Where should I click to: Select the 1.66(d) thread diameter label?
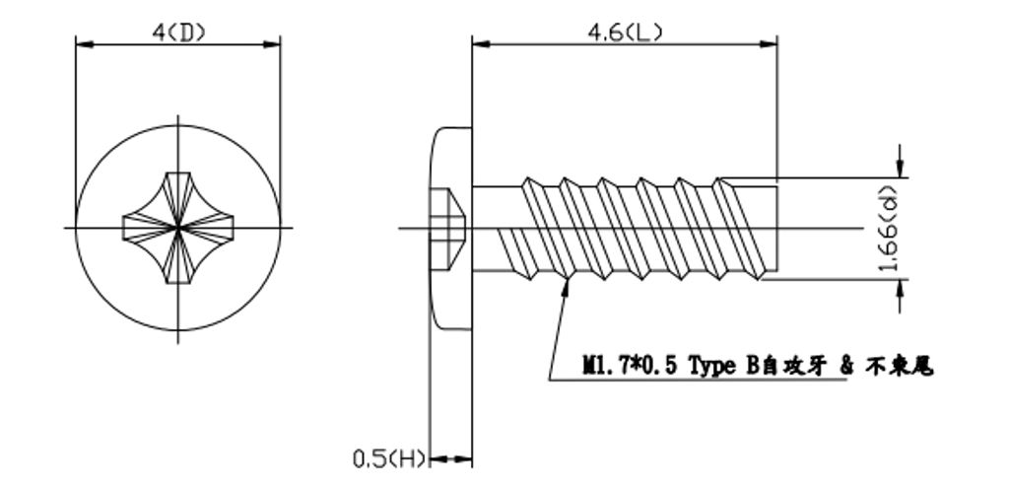tap(890, 229)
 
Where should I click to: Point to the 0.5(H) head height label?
tap(389, 458)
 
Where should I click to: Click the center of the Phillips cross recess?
tap(178, 229)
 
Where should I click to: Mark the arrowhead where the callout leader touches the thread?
tap(568, 284)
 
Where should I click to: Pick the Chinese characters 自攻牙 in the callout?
tap(790, 367)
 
